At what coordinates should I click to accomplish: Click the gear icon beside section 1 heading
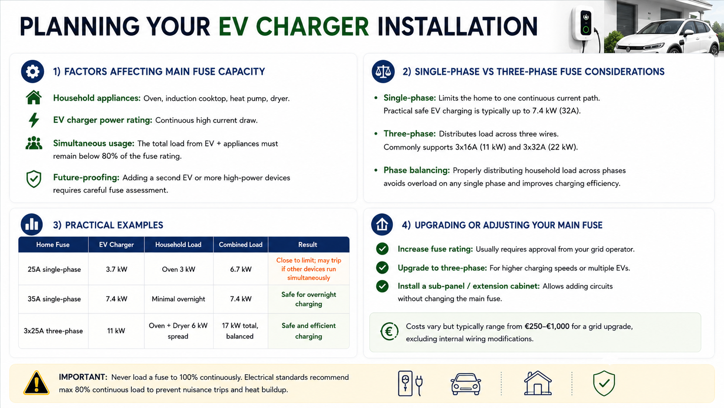pyautogui.click(x=32, y=72)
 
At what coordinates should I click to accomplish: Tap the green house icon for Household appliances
pyautogui.click(x=34, y=98)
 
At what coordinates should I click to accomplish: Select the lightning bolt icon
pyautogui.click(x=34, y=120)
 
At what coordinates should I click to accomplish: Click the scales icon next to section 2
pyautogui.click(x=383, y=72)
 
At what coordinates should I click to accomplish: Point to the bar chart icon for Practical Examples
pyautogui.click(x=32, y=225)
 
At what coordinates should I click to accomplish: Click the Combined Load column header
pyautogui.click(x=240, y=245)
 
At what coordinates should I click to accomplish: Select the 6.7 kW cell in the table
pyautogui.click(x=240, y=269)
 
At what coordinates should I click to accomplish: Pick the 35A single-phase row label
pyautogui.click(x=54, y=299)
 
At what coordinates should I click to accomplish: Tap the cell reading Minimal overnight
pyautogui.click(x=178, y=299)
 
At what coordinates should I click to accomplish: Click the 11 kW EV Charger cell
pyautogui.click(x=116, y=331)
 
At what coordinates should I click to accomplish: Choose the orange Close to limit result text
pyautogui.click(x=309, y=269)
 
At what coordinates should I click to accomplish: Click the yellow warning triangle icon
pyautogui.click(x=36, y=383)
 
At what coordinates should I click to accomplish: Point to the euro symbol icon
pyautogui.click(x=389, y=332)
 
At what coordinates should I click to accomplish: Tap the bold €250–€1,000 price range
pyautogui.click(x=547, y=326)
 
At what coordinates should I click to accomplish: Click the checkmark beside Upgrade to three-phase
pyautogui.click(x=382, y=268)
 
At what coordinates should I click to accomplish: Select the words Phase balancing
pyautogui.click(x=416, y=170)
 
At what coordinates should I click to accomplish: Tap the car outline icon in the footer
pyautogui.click(x=466, y=384)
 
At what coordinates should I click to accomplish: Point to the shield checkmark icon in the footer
pyautogui.click(x=604, y=383)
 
